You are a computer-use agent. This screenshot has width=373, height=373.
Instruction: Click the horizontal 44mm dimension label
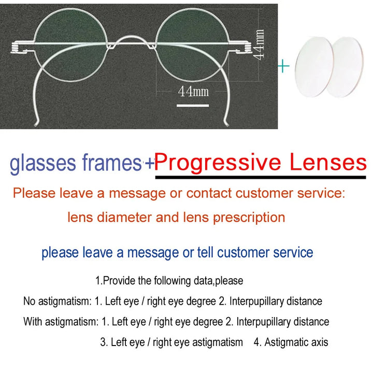(193, 92)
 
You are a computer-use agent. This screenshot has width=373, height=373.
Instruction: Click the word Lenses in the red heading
(327, 163)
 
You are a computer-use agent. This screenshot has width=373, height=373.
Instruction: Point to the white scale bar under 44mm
(192, 106)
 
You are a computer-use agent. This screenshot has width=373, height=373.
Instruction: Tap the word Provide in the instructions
(120, 281)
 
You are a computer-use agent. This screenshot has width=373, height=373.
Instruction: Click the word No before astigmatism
(29, 301)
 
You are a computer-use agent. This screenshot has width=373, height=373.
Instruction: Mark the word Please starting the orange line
(34, 194)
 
